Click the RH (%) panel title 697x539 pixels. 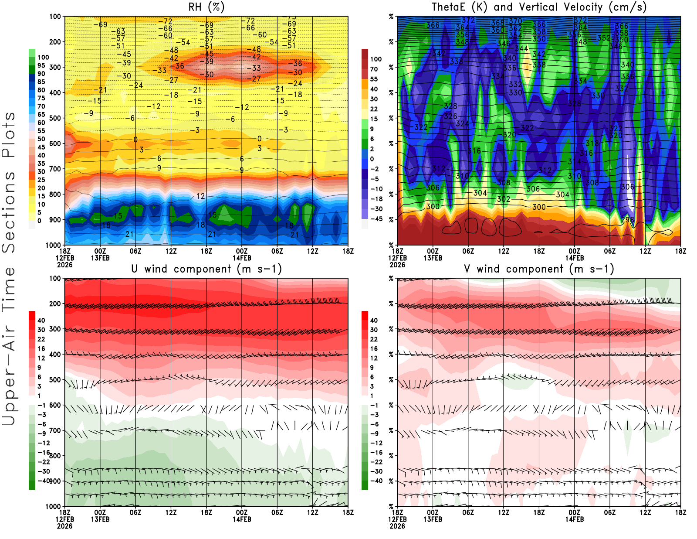coord(206,7)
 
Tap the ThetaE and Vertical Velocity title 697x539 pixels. coord(539,7)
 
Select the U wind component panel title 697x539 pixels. coord(206,269)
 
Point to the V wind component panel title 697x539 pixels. coord(539,269)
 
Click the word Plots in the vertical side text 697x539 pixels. coord(9,135)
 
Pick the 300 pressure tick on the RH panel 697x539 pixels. coord(55,67)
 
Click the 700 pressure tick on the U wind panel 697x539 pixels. coord(55,430)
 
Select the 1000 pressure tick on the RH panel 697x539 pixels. coord(53,245)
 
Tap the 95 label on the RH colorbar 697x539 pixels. coord(41,65)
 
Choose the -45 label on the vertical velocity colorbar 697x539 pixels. coord(376,219)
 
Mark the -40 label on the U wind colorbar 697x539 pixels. coord(43,481)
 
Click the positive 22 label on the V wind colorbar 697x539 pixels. coord(374,339)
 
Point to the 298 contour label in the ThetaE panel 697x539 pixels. coord(627,219)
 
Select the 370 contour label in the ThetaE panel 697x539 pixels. coord(515,21)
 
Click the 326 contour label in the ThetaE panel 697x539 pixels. coord(450,116)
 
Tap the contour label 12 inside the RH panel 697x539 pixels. coord(200,196)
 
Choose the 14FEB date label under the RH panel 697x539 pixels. coord(242,258)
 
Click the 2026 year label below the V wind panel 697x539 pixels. coord(397,526)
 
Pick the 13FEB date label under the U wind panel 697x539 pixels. coord(100,519)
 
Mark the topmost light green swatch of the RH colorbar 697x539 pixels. coord(32,53)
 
